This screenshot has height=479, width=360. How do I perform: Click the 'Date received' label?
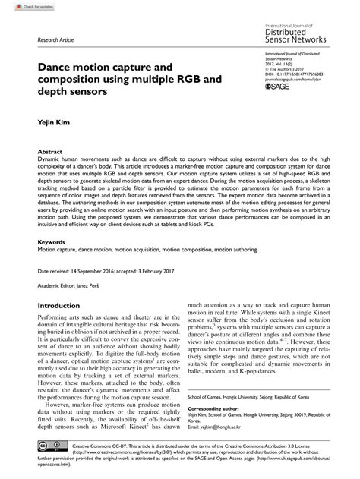[58, 270]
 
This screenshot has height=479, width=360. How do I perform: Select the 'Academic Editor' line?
[74, 287]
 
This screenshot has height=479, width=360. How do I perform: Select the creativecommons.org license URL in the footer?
[129, 450]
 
